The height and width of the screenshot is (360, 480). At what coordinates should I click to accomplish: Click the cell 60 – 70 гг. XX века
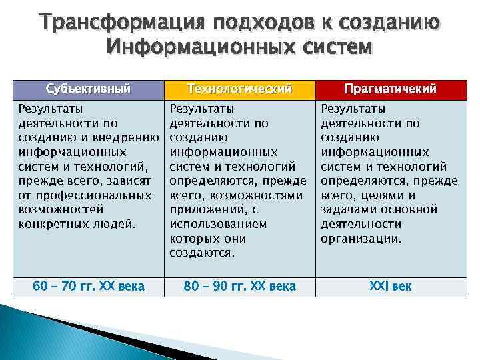88,287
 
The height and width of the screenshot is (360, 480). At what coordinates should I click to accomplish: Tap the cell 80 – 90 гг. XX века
239,287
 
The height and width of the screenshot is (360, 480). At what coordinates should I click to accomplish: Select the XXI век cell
390,287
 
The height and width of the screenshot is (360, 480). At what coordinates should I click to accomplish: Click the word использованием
218,224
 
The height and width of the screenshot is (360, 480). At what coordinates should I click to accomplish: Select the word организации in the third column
361,239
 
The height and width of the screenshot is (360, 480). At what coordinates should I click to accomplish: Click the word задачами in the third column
346,210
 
